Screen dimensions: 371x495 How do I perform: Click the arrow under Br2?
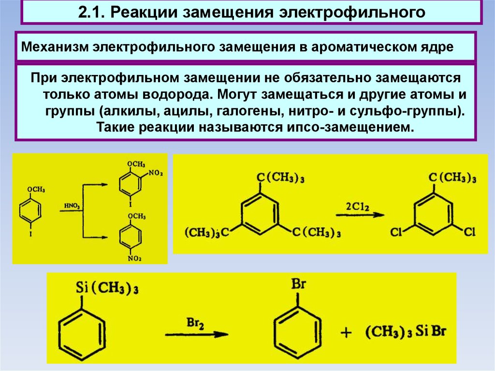pos(196,334)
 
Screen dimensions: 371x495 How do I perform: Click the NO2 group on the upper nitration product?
pos(156,172)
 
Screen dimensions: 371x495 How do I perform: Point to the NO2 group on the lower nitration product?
pos(134,259)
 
